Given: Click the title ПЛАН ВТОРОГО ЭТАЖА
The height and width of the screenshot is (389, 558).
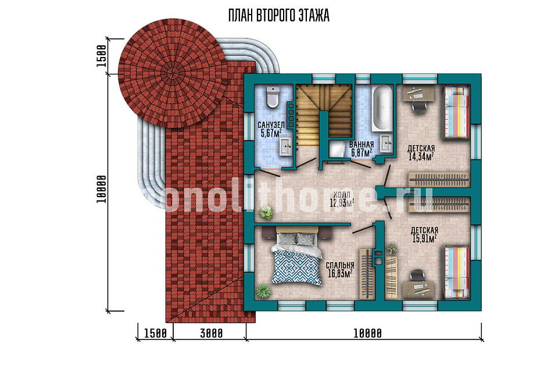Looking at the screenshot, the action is [x=278, y=16].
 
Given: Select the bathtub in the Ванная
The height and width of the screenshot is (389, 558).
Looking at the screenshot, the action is [x=382, y=108].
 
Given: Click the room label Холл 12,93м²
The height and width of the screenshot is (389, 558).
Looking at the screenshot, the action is [x=342, y=199].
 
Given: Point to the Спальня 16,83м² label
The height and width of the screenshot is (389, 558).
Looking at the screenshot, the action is [x=340, y=269].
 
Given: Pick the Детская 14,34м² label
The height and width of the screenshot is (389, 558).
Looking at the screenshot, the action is [x=421, y=152].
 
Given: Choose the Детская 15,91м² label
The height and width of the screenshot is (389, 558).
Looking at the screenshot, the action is [x=424, y=234].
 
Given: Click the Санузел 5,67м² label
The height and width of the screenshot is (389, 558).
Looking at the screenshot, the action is [x=271, y=129].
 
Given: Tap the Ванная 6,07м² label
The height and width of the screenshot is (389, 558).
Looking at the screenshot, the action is [x=361, y=149].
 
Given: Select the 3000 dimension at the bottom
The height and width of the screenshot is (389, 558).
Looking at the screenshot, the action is [x=211, y=334].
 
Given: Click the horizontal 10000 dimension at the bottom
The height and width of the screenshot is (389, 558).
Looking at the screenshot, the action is [x=367, y=334].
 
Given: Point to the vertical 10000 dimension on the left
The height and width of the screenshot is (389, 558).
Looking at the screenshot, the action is [x=101, y=190].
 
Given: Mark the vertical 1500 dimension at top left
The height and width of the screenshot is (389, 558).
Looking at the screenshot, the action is [x=101, y=56].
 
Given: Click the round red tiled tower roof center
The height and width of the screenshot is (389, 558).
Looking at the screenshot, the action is [x=173, y=73].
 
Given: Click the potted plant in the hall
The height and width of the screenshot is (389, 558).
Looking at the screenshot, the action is [x=266, y=213].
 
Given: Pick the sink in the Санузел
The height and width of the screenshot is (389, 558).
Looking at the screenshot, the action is [x=285, y=147].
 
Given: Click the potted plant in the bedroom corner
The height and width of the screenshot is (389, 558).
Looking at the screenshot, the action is [x=263, y=291].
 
